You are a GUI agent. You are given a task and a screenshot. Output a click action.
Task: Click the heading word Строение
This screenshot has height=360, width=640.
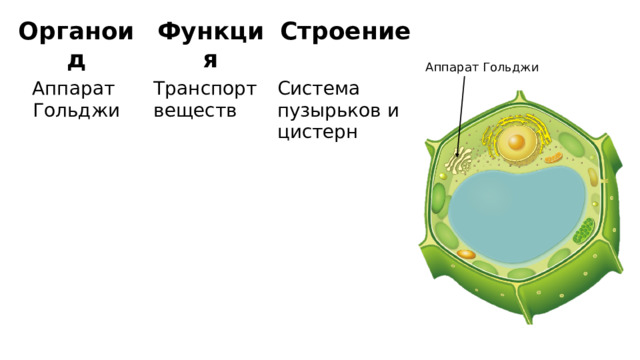tap(345, 32)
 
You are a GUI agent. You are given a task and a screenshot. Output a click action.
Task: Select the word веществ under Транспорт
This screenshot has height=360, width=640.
tap(195, 110)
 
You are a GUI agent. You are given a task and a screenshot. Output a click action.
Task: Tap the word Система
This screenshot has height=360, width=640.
tap(319, 89)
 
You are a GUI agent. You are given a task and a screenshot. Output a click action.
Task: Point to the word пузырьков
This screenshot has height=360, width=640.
tap(329, 110)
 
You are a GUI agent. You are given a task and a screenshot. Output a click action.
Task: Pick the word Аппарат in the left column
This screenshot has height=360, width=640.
tap(74, 89)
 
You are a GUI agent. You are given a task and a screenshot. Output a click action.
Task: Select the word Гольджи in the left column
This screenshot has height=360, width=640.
tap(76, 110)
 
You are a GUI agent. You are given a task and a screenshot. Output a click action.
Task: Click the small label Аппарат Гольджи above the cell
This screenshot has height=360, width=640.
tap(481, 67)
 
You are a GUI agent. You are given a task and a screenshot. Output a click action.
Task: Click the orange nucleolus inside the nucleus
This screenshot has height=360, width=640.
tap(516, 141)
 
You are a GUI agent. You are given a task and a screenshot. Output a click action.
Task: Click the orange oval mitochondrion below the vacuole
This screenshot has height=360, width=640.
tap(466, 255)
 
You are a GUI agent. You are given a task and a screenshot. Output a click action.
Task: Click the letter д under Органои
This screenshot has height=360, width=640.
tap(75, 61)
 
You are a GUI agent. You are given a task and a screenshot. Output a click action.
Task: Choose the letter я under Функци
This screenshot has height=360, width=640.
tap(210, 61)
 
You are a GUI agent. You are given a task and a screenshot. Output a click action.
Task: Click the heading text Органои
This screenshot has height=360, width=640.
tap(76, 32)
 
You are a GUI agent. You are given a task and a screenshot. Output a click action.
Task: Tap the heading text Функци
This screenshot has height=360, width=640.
tap(210, 32)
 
